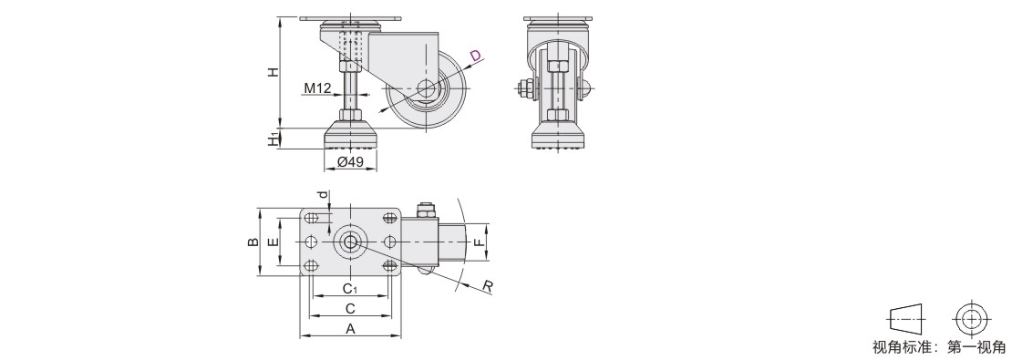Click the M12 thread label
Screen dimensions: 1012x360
pos(317,87)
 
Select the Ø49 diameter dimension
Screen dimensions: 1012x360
pos(350,161)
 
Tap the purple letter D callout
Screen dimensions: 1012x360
pos(476,57)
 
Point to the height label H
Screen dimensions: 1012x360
pos(274,72)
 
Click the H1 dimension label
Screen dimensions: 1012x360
pos(274,138)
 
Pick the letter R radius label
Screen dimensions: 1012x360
pos(488,286)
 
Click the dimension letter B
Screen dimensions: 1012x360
pos(253,242)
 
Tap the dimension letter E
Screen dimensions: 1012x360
pos(273,242)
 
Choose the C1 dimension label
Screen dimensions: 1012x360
pos(350,288)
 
